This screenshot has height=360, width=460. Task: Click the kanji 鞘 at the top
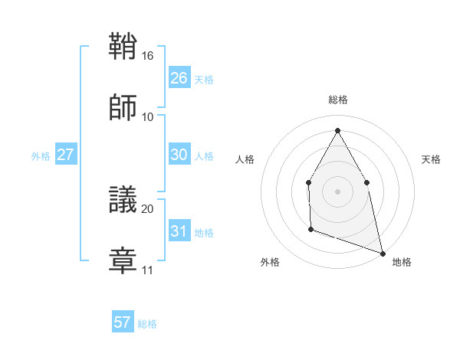pos(123,48)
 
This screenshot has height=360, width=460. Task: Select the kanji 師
pos(123,108)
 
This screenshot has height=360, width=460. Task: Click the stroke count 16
pos(148,56)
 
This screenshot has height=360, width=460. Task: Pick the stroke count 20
pos(148,208)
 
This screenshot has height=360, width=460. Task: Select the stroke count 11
pos(148,270)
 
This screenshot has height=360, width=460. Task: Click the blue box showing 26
pos(179,78)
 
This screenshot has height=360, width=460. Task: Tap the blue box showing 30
pos(179,155)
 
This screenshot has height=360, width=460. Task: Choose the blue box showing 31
pos(179,231)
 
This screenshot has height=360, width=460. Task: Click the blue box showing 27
pos(65,155)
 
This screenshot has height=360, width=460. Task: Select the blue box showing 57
pos(122,322)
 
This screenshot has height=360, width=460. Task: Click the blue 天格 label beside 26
pos(204,80)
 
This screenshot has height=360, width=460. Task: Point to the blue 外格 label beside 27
pos(41,156)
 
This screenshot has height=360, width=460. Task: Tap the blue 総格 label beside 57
pos(147,324)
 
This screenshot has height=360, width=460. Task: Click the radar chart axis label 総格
pos(338,100)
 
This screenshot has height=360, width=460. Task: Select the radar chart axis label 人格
pos(245,159)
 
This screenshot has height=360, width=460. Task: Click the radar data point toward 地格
pos(382,252)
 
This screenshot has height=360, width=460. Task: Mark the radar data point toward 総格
pos(337,130)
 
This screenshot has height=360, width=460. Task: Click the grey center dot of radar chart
pos(337,191)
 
